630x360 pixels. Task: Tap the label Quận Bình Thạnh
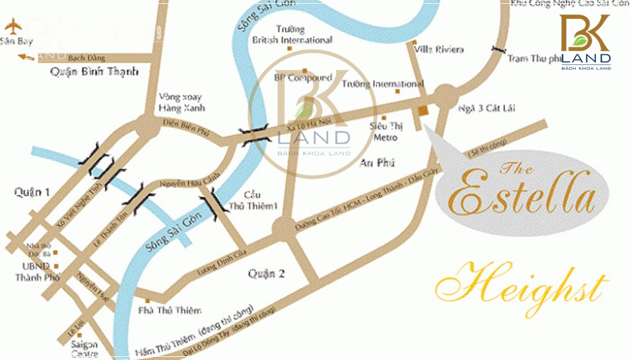(94, 72)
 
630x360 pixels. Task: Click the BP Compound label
(303, 78)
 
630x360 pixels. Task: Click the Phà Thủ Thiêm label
(170, 310)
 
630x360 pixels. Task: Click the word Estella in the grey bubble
(521, 195)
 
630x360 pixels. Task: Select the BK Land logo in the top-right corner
(585, 40)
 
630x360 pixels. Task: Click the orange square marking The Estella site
(423, 111)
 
